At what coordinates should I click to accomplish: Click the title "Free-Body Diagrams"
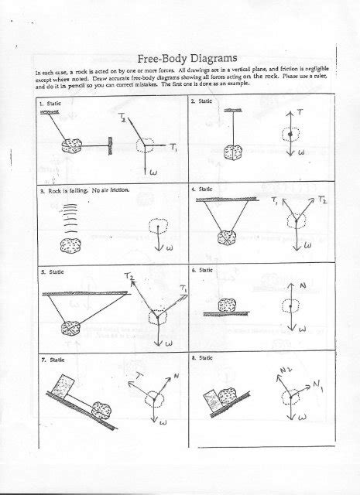click(x=187, y=59)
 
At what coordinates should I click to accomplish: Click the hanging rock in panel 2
click(x=233, y=154)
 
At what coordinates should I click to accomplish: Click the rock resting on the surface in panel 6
click(x=228, y=305)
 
